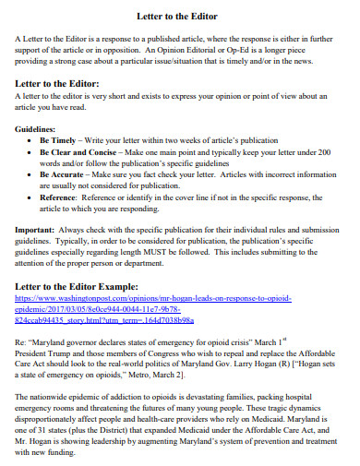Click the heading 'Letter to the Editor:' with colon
[x=61, y=84]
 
